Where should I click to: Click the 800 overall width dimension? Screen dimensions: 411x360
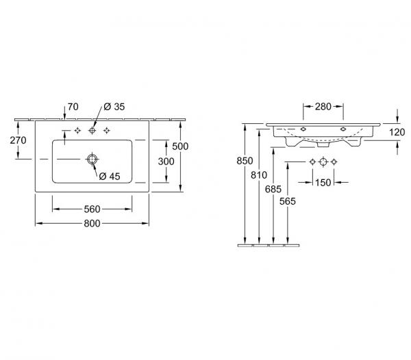click(x=92, y=223)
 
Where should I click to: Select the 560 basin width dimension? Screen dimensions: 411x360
click(x=92, y=209)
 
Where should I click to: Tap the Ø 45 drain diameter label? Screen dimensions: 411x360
click(x=110, y=177)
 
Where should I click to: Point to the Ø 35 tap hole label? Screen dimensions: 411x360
click(x=114, y=107)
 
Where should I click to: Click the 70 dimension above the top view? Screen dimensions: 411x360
click(x=73, y=107)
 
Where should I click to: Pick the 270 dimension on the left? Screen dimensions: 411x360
click(x=18, y=140)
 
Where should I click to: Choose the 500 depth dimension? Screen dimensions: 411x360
click(x=180, y=146)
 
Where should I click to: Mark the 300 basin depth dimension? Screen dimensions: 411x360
click(x=166, y=162)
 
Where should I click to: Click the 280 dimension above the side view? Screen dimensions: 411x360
click(x=323, y=107)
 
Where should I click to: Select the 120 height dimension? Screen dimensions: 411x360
click(x=397, y=132)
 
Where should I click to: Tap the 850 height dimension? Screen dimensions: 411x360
click(x=245, y=161)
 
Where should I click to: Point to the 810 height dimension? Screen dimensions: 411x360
click(x=259, y=175)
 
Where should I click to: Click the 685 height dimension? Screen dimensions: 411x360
click(x=273, y=189)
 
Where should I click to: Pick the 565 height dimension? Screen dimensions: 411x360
click(x=288, y=201)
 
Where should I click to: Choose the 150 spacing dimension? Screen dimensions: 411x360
click(x=323, y=183)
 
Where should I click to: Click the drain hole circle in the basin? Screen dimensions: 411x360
click(x=92, y=159)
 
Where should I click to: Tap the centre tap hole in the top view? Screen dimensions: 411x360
click(x=92, y=130)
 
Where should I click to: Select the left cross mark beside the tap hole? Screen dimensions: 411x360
click(x=77, y=130)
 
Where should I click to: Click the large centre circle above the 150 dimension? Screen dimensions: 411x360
click(x=323, y=162)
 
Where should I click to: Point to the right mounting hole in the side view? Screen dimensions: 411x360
click(x=343, y=129)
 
